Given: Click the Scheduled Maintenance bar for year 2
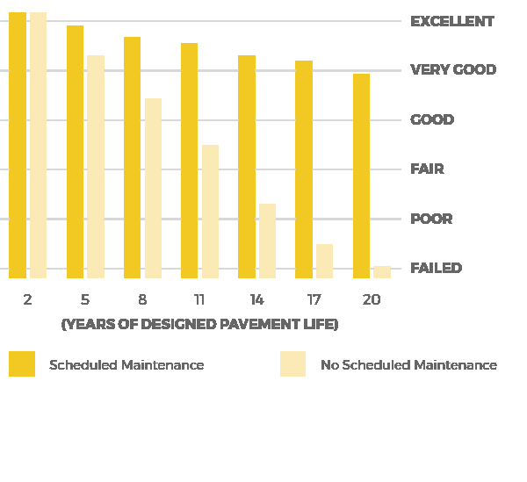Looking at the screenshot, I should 18,145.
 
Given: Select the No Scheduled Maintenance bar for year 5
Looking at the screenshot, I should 96,167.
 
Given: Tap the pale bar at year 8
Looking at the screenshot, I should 153,188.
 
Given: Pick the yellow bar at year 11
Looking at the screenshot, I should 189,161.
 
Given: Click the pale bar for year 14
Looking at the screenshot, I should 267,241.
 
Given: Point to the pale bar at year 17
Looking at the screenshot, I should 324,261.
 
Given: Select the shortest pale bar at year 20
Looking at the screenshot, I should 381,272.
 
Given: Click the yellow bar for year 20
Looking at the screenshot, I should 361,176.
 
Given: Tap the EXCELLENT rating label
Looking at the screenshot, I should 452,21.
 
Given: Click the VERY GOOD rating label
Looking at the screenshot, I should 453,70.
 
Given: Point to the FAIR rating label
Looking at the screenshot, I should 427,169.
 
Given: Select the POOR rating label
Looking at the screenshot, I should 431,219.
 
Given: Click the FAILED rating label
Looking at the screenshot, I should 436,268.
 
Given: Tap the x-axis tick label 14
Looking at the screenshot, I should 256,300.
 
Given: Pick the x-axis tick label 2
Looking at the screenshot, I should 27,300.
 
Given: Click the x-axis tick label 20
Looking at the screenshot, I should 372,300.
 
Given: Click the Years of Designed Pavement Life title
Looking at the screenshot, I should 199,325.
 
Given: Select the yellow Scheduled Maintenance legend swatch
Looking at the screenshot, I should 22,364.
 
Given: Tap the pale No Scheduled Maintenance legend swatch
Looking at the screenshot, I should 292,364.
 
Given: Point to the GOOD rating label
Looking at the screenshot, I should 432,119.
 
